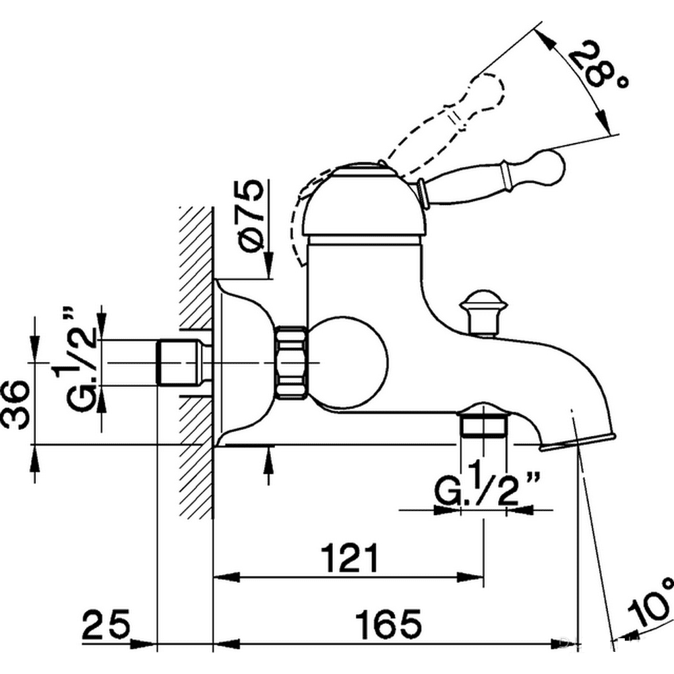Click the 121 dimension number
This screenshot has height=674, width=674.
tap(350, 558)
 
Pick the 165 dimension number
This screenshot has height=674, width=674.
tap(388, 623)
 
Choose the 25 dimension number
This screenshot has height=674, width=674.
tap(106, 623)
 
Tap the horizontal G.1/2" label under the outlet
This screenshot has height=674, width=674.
tap(487, 483)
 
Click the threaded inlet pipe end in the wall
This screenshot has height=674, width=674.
tap(181, 363)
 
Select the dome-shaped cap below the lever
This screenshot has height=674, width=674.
tap(365, 200)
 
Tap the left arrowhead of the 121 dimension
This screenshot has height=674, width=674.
tap(226, 577)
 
